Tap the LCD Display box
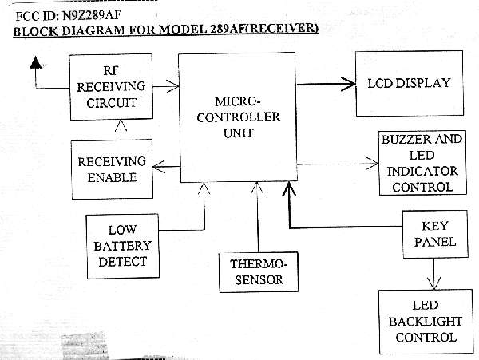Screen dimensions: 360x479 pos(409,82)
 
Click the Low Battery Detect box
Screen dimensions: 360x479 pos(121,243)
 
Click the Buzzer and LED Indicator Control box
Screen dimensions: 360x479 pos(422,163)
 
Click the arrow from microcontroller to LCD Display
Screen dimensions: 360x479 pos(323,81)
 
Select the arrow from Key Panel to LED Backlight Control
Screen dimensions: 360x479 pos(432,274)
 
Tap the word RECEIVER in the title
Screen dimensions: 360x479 pos(286,29)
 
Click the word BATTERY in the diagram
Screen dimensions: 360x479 pos(121,243)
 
